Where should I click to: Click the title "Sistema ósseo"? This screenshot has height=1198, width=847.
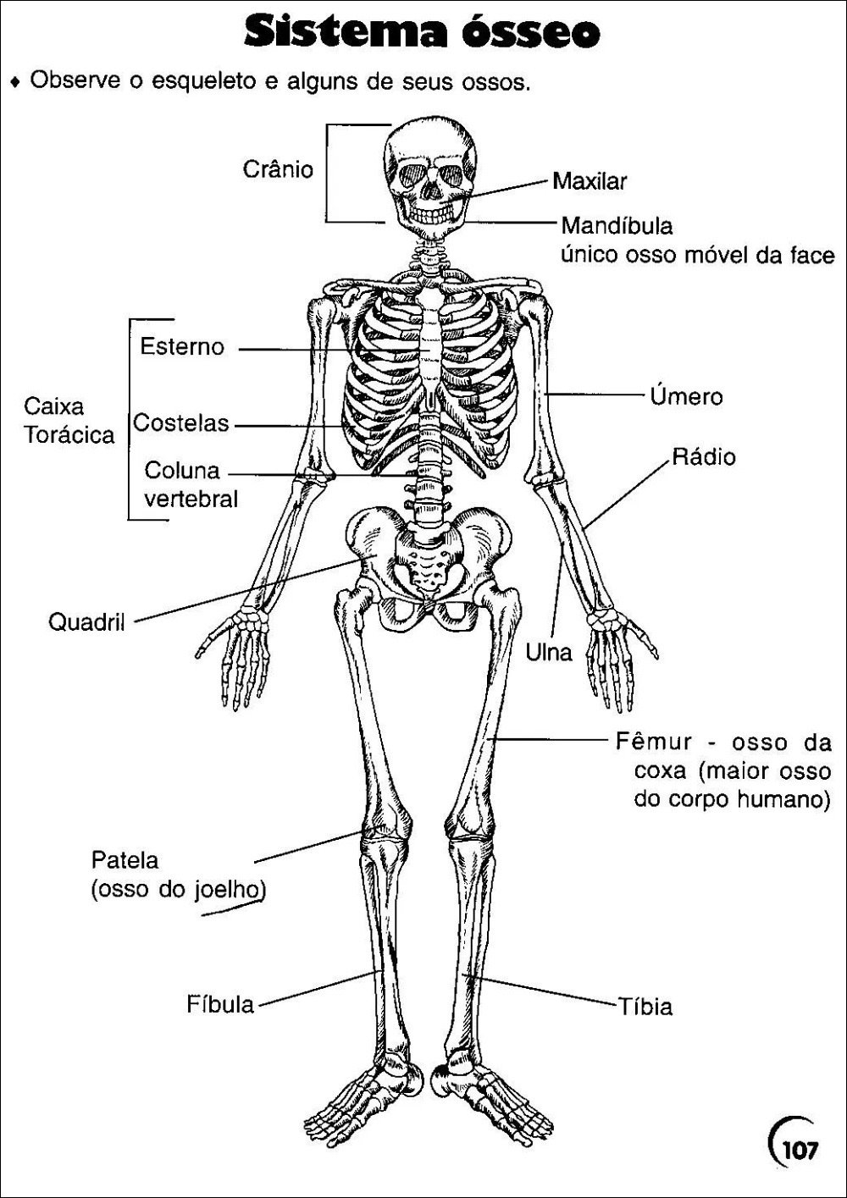click(422, 33)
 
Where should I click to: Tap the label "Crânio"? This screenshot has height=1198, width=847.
click(278, 169)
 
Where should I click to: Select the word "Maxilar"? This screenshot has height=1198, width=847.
click(590, 181)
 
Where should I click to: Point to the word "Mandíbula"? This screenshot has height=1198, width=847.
click(617, 226)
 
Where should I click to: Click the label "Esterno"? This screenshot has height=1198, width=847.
click(182, 346)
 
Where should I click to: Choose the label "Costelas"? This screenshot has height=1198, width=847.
click(181, 423)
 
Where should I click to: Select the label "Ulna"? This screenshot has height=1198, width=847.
click(549, 652)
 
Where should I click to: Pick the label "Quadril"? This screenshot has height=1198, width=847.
click(86, 622)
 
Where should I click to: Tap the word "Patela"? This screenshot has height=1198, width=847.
click(125, 860)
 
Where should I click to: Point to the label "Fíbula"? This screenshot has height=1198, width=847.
click(220, 1004)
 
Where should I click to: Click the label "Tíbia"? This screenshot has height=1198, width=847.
click(645, 1006)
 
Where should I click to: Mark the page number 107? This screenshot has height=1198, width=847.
click(800, 1150)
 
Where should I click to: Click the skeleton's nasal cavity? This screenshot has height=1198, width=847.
click(432, 190)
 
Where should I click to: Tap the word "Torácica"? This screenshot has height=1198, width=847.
click(69, 435)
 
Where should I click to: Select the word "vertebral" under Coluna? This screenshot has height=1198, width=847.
click(191, 499)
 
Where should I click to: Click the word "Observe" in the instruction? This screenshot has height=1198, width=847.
click(75, 80)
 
